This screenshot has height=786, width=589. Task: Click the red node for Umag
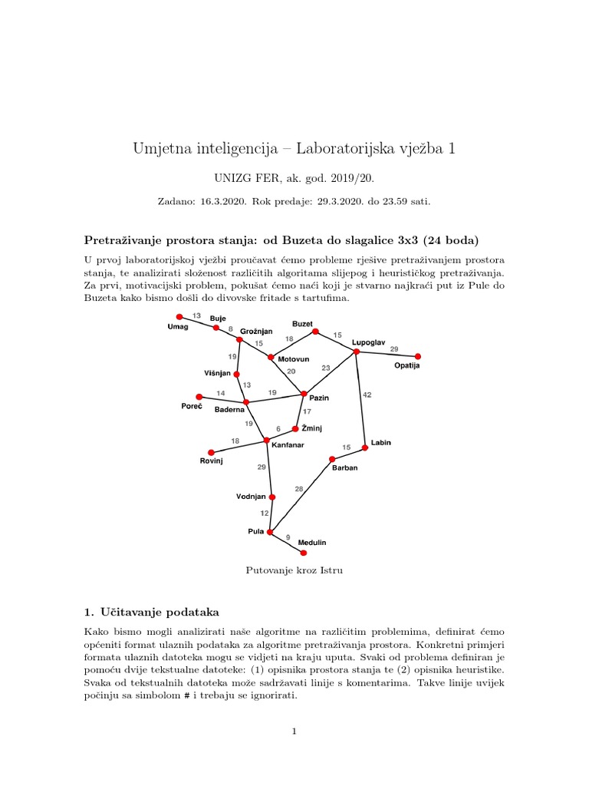click(179, 317)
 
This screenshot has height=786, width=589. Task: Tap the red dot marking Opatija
click(418, 356)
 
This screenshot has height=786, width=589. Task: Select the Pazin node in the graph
click(304, 394)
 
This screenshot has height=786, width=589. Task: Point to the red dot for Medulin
click(303, 553)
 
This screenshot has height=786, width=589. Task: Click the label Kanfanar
click(288, 444)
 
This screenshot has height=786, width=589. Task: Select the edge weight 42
click(367, 395)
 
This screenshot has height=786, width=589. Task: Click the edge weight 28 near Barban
click(299, 489)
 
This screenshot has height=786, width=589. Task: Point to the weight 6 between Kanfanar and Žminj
click(278, 429)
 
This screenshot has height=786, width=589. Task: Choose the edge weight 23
click(326, 368)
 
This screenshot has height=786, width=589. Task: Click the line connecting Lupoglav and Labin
click(360, 399)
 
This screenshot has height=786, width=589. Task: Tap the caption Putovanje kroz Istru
click(294, 570)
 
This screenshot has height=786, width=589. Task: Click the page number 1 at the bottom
click(294, 732)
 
